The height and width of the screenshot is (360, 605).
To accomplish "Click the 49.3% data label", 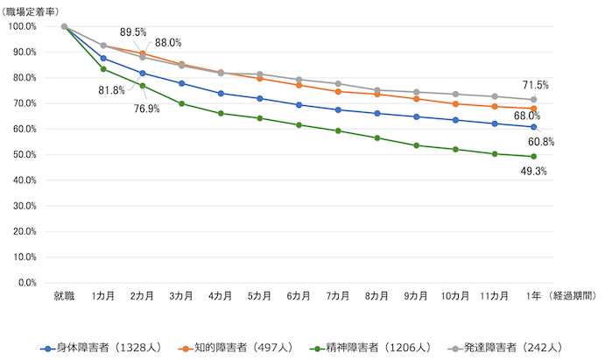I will [x=533, y=172].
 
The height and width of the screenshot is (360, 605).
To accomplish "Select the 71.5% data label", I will [x=535, y=85].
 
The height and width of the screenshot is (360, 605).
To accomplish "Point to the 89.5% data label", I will [x=133, y=32].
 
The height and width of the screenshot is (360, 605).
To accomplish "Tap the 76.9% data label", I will [x=148, y=109].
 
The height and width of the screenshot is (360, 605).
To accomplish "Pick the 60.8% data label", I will [x=541, y=141].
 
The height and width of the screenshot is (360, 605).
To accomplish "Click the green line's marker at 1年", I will [x=533, y=157].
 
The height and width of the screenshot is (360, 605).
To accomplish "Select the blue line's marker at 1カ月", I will [x=103, y=58].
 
